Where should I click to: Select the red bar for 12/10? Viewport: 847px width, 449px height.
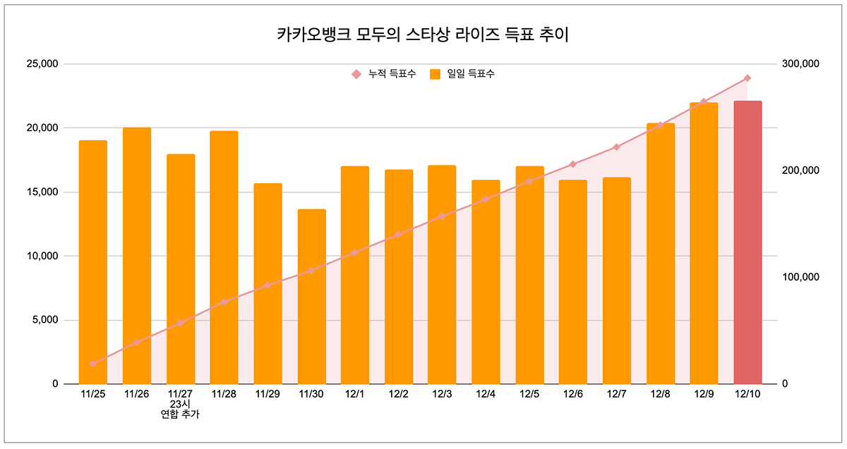tap(747, 243)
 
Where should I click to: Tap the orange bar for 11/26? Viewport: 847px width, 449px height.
tap(137, 256)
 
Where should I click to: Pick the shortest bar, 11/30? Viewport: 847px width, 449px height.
tap(311, 297)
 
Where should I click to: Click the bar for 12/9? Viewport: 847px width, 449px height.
tap(704, 243)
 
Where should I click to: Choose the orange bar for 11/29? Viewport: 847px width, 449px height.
tap(268, 283)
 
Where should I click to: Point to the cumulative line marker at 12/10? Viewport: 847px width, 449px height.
tap(747, 78)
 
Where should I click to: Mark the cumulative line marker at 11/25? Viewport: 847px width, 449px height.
tap(92, 364)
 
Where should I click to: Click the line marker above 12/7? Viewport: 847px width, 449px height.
tap(616, 147)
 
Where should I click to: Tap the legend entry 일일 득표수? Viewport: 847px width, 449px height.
tap(462, 73)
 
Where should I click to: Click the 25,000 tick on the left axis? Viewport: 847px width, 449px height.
tap(42, 64)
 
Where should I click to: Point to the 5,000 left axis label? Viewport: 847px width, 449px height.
tap(44, 320)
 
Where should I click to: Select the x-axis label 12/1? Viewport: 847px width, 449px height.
tap(355, 394)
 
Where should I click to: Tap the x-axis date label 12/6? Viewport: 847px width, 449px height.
tap(572, 394)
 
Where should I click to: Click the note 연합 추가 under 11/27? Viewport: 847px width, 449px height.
tap(180, 415)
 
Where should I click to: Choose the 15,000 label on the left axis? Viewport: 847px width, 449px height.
tap(42, 192)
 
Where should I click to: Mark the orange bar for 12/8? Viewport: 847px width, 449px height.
tap(661, 254)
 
